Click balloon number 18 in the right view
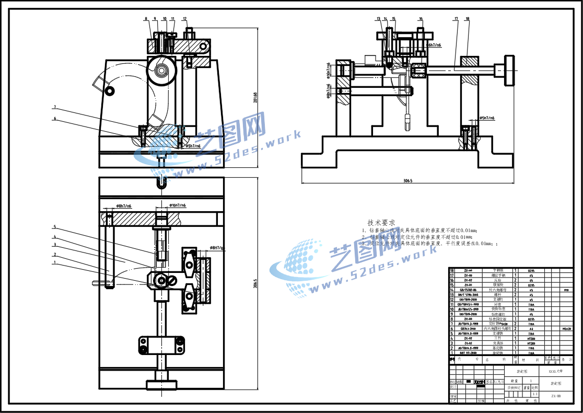click(x=467, y=19)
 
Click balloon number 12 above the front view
click(x=185, y=19)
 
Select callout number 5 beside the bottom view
click(x=54, y=227)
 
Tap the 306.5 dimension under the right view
click(x=408, y=181)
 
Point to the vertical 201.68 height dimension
click(x=255, y=98)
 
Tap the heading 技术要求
click(x=381, y=222)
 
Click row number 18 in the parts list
click(x=452, y=270)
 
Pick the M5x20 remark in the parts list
click(x=566, y=329)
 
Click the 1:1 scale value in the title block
click(x=534, y=394)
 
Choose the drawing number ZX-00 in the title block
click(x=556, y=397)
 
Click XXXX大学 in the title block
click(x=556, y=371)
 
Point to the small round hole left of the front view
click(x=110, y=91)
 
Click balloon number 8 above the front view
click(x=146, y=19)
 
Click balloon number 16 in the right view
click(x=421, y=19)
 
